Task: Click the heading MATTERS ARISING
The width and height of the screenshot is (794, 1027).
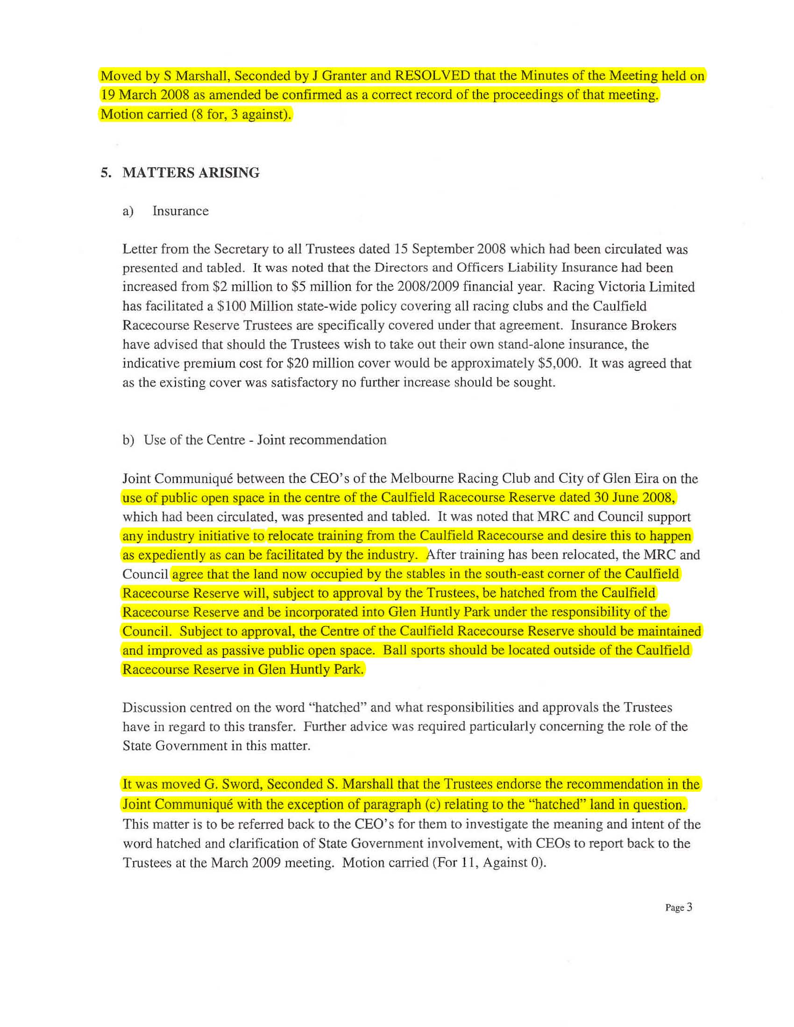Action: [x=191, y=173]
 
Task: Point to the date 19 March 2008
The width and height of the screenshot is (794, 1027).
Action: [x=144, y=95]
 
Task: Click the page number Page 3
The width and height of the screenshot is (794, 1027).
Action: [x=678, y=907]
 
